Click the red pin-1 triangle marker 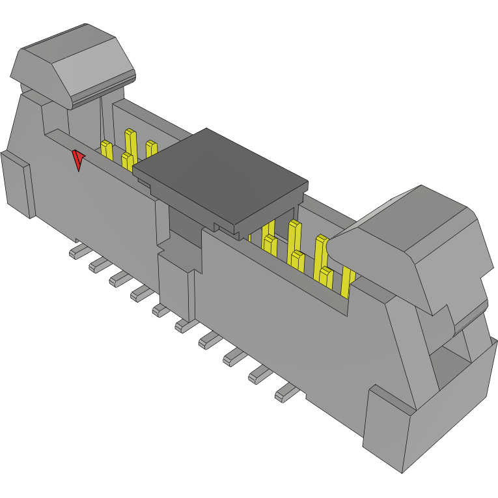[x=78, y=159]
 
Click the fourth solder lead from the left [x=141, y=294]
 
